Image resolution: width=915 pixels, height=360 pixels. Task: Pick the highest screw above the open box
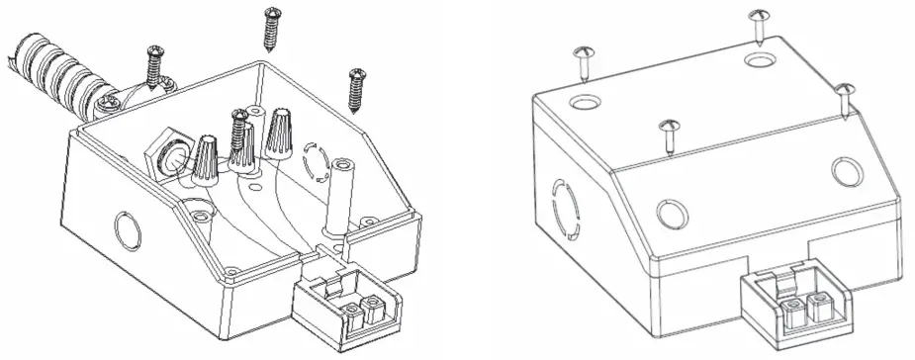click(272, 29)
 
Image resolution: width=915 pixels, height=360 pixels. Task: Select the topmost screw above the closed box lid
click(760, 26)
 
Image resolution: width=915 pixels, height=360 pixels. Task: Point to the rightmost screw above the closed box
click(845, 100)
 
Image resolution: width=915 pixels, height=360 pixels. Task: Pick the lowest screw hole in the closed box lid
click(673, 211)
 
